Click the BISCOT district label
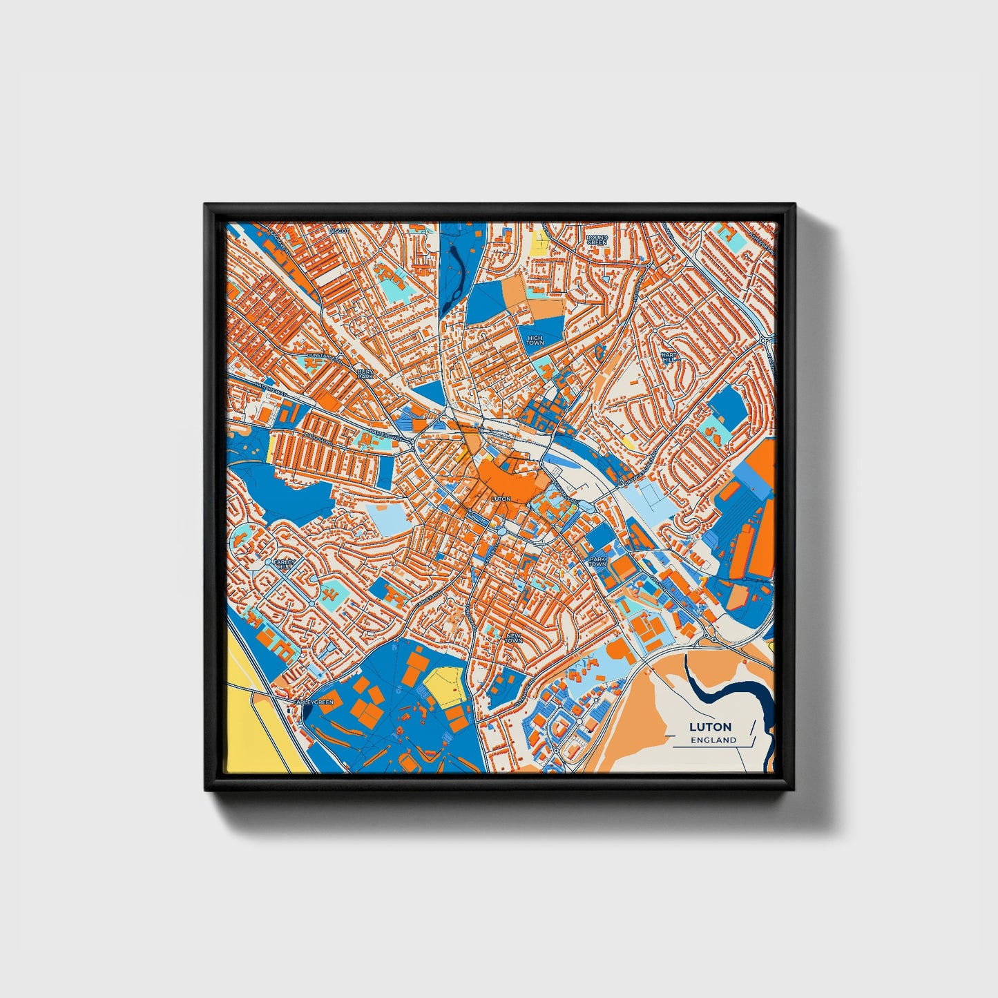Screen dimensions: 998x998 point(339,230)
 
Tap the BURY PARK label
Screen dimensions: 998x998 point(365,374)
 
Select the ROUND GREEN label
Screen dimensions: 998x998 point(596,240)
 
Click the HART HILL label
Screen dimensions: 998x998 point(669,357)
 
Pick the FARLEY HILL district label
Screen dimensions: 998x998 point(284,564)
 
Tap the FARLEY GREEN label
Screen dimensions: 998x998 point(313,702)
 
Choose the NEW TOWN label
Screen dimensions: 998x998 point(514,638)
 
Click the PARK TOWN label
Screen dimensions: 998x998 point(597,562)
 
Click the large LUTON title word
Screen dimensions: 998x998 point(710,727)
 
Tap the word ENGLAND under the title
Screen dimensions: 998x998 point(713,740)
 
